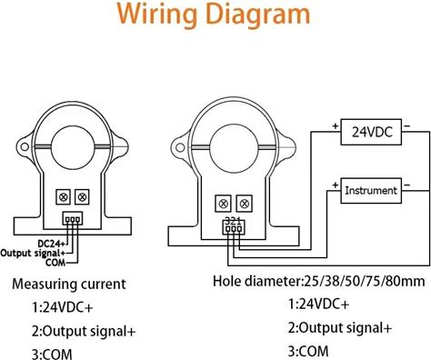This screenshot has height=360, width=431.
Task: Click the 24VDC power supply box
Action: coord(371,132)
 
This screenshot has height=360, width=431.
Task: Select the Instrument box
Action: coord(371,190)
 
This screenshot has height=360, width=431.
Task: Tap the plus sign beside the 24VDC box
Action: coord(335,125)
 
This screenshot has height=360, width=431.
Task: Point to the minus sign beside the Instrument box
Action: coord(407,185)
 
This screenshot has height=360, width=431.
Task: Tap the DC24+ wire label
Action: coord(51,243)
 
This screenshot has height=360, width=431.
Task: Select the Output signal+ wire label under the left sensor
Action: coord(33,253)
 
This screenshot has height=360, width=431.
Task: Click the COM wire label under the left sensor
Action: coord(55,262)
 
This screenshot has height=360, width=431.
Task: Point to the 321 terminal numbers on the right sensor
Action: coord(233,221)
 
